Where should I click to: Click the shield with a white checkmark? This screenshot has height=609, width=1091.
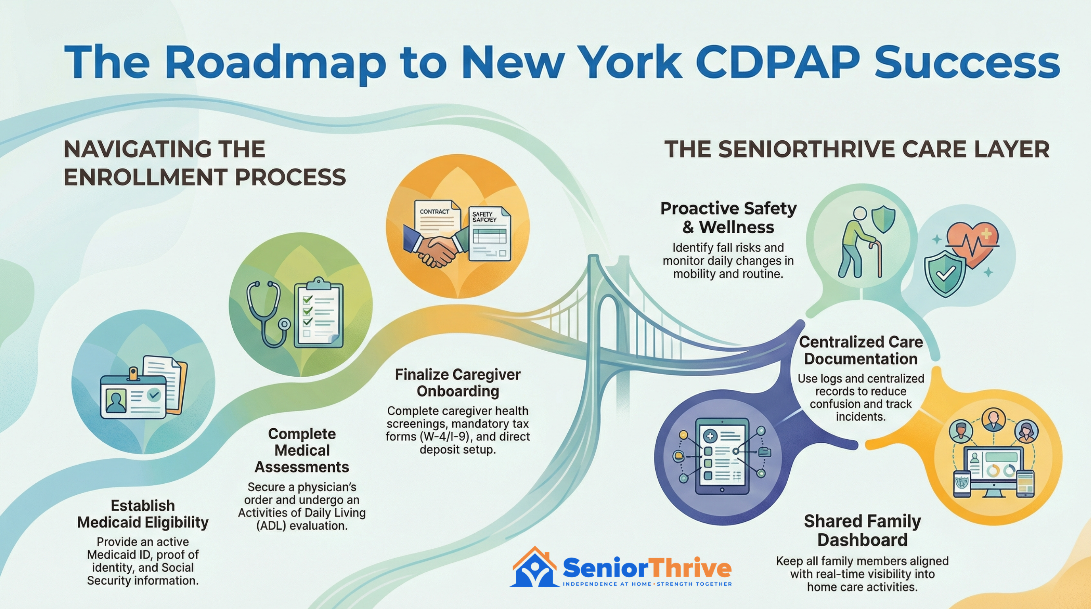point(945,273)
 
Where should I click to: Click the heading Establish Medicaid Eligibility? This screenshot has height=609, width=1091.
point(143,514)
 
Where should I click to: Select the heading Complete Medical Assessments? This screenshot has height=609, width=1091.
point(302,450)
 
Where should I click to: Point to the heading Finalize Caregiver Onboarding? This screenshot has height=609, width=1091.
point(457,383)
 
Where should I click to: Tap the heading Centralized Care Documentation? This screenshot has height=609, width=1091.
point(861,350)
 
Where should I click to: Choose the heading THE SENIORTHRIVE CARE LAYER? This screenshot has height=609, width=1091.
point(856,149)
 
